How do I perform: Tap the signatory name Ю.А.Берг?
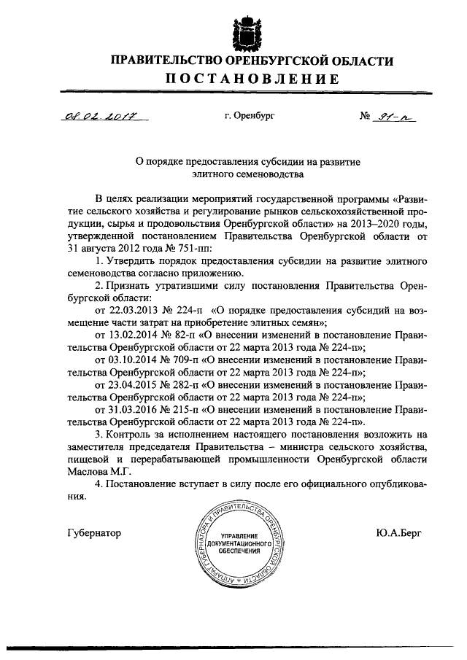tap(391, 532)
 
